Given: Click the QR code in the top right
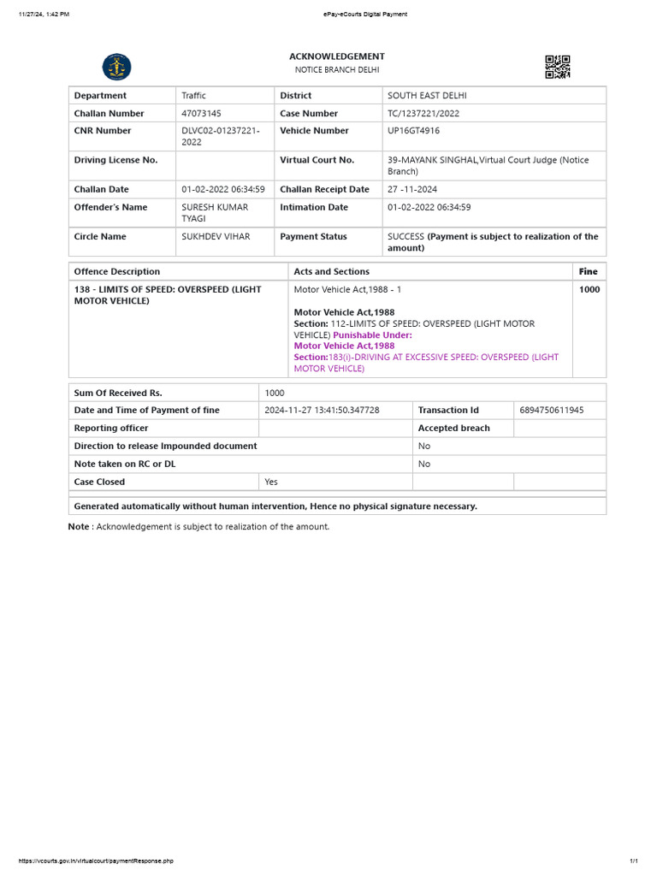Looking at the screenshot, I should (557, 67).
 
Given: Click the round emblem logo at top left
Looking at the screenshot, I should (116, 67).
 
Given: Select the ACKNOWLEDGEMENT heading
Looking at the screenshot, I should (337, 56).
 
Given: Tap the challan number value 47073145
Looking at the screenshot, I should (201, 113).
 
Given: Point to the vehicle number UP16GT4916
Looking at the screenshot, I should (415, 131).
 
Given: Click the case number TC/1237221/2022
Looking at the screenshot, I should (423, 113).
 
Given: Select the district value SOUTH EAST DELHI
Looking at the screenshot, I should (427, 96).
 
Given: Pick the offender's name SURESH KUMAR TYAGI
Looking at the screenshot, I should (214, 213).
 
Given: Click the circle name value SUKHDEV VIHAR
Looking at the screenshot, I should (216, 236).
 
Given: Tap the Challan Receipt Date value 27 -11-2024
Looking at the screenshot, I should (412, 189).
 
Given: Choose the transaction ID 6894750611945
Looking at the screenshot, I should (552, 410).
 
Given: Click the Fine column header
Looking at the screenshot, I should (588, 271).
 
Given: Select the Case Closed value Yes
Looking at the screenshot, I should (271, 482).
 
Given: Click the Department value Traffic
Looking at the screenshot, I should (193, 96).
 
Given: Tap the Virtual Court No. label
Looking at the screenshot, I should (317, 160).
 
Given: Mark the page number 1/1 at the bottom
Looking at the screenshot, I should (634, 861).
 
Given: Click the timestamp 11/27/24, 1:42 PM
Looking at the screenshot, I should (44, 14).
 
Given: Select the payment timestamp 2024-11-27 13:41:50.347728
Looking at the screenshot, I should (322, 410).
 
